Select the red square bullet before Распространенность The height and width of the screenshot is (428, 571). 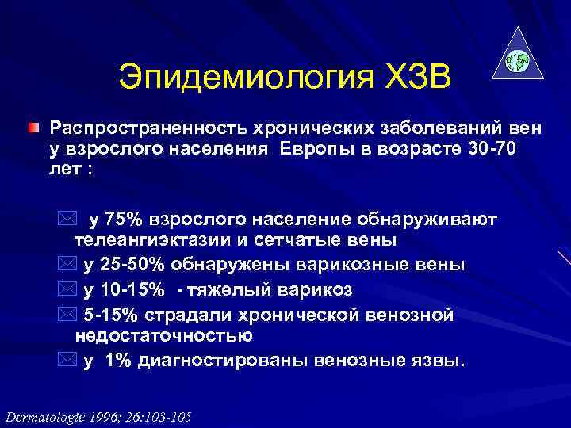click(x=31, y=127)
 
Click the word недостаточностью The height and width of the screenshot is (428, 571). click(x=163, y=334)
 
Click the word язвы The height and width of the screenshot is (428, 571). click(x=443, y=361)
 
